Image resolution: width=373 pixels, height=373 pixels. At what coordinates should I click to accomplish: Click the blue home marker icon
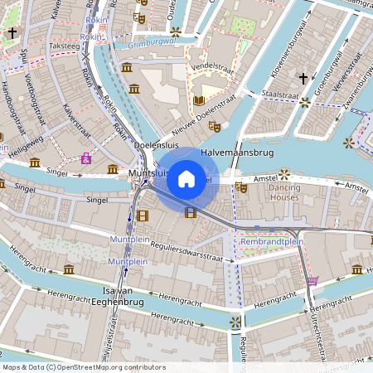click(186, 178)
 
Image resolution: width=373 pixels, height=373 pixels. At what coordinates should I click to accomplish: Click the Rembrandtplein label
click(271, 241)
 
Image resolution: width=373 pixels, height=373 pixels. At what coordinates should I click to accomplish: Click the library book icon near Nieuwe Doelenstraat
click(199, 100)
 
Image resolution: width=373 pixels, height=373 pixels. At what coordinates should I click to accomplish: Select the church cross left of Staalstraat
click(303, 79)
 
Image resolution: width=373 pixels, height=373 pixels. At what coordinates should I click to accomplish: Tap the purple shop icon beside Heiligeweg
click(86, 158)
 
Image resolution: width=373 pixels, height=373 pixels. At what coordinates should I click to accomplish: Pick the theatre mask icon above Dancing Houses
click(241, 187)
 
